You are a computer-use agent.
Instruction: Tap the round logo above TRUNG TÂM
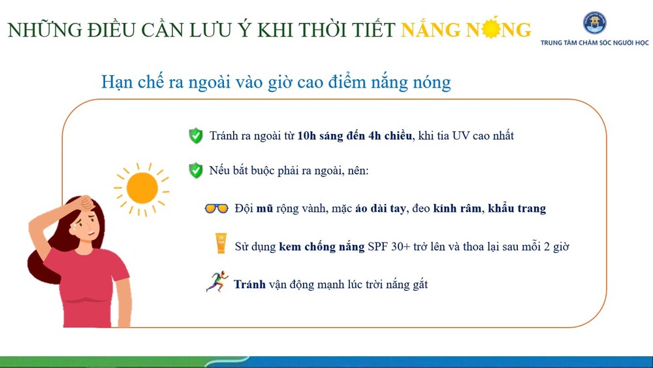point(594,22)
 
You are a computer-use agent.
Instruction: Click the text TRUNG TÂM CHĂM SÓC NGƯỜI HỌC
point(594,42)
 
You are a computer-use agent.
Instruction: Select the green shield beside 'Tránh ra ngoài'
point(196,136)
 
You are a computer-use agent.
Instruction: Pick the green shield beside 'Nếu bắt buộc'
point(196,171)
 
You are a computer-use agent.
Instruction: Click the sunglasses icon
point(217,208)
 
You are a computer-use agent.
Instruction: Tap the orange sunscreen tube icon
point(221,243)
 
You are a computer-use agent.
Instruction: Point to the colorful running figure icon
point(217,281)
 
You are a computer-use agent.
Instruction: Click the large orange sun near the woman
point(142,188)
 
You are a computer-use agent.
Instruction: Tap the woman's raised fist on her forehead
point(88,204)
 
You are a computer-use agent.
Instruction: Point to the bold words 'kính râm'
point(457,208)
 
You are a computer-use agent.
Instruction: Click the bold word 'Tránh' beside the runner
point(249,284)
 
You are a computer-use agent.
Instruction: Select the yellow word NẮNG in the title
point(430,29)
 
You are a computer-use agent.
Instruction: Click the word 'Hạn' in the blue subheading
point(117,82)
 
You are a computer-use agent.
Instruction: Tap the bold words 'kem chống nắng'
point(321,246)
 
